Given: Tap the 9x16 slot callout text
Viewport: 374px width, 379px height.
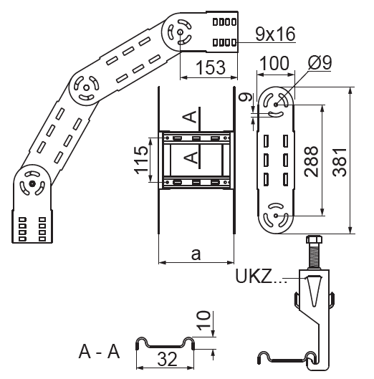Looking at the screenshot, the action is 275,34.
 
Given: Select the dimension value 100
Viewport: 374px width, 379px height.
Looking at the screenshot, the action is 274,63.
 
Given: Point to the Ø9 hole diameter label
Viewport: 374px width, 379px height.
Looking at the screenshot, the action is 320,62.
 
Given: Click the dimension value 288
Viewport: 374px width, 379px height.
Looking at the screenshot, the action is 311,161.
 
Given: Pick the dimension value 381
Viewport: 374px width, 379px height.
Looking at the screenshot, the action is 340,163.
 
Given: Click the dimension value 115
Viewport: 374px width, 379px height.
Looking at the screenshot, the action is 141,160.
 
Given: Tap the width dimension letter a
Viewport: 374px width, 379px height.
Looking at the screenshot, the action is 196,254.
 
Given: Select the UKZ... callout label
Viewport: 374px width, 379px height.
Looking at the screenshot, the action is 261,277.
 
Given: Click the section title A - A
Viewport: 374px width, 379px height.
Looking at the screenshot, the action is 99,352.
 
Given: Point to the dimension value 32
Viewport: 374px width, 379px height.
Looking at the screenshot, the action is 167,359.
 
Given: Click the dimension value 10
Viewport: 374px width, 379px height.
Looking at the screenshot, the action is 203,320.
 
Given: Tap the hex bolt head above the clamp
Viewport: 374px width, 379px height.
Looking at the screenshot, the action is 314,239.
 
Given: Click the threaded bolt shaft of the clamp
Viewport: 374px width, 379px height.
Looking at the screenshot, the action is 315,256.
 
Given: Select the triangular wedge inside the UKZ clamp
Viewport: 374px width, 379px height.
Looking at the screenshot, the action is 314,292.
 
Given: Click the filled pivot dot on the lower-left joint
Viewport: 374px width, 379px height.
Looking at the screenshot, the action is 32,184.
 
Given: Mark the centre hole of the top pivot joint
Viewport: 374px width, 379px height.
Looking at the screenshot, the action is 180,32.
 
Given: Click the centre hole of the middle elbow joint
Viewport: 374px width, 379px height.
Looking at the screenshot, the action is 85,87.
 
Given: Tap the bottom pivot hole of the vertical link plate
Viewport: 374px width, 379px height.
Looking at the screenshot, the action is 276,216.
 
